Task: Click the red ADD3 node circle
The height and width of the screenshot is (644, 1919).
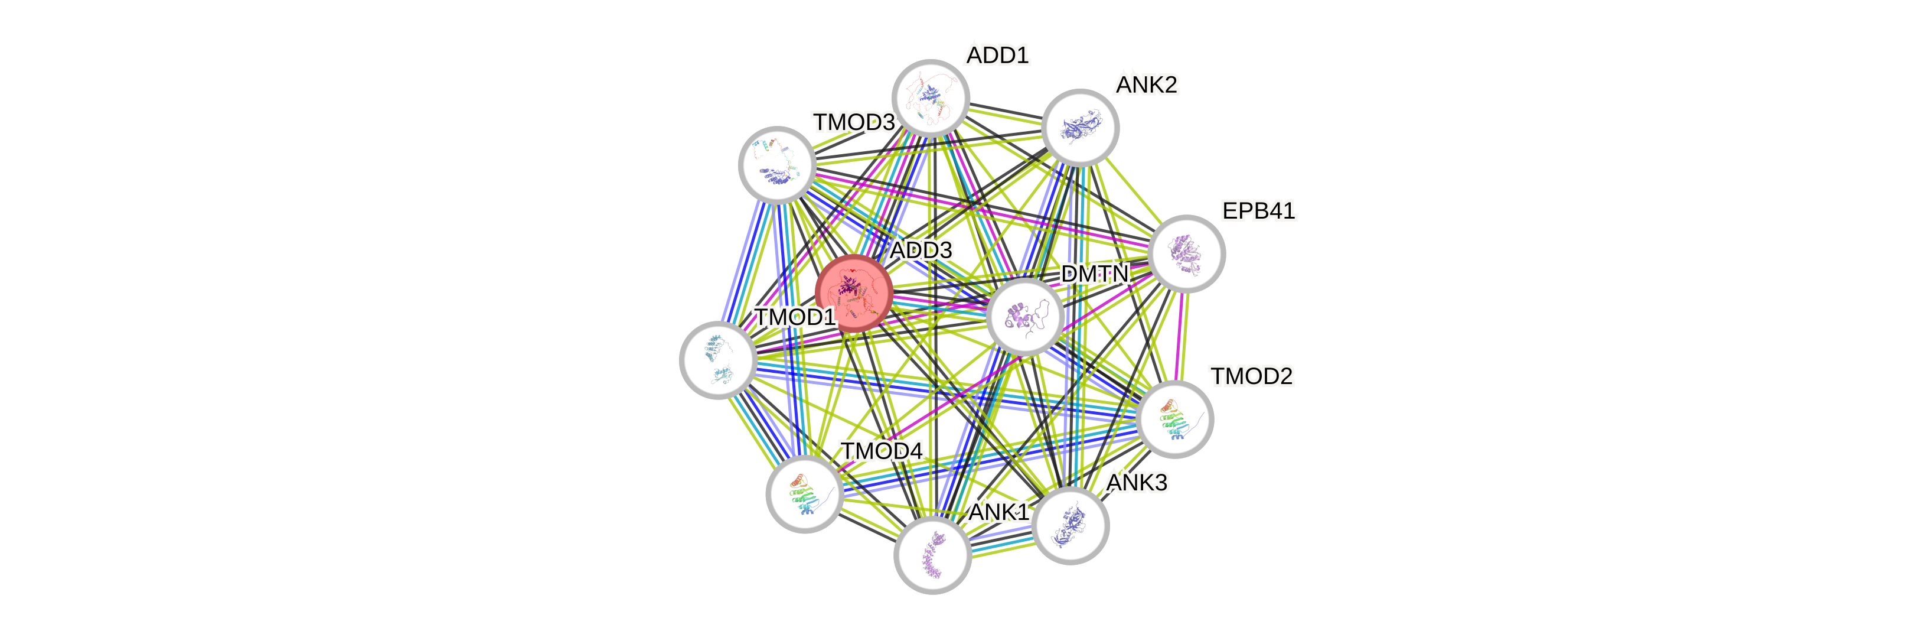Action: point(854,294)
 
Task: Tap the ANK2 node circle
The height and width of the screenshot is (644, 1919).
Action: point(1080,128)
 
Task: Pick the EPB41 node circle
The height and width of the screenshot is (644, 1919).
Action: point(1187,254)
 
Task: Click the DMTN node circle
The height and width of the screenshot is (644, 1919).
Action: point(1025,316)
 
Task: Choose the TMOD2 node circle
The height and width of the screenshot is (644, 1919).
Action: point(1176,419)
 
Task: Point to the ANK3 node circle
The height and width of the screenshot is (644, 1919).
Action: point(1071,525)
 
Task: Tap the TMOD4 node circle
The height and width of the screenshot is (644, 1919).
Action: point(805,494)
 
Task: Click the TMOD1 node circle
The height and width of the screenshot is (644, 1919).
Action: point(718,360)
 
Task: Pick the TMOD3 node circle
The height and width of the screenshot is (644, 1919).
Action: point(777,165)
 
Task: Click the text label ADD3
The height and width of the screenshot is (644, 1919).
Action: point(922,251)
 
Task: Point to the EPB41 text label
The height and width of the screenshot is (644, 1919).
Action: point(1259,211)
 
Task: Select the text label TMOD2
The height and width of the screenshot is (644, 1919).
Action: point(1252,376)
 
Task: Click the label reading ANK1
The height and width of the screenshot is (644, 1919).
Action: point(998,512)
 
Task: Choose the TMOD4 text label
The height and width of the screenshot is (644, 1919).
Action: point(882,451)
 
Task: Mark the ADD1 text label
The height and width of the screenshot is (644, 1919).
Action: point(997,55)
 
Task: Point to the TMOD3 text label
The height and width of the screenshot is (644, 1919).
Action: point(854,122)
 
